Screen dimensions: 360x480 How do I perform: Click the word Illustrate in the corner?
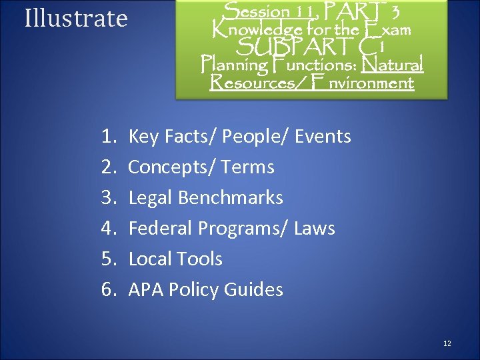[75, 19]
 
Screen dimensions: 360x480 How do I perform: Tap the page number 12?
[447, 343]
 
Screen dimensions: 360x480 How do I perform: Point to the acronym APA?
[146, 290]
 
